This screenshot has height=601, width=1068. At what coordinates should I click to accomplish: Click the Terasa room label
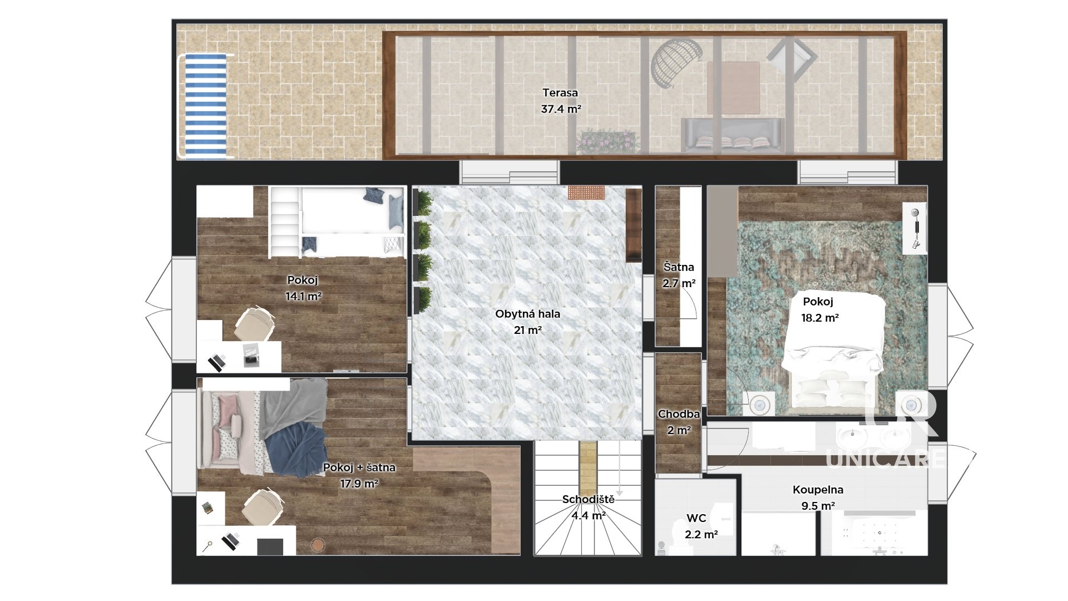[x=560, y=93]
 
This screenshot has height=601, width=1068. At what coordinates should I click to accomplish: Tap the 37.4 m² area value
[x=561, y=109]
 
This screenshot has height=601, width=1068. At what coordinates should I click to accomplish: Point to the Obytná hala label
[x=527, y=314]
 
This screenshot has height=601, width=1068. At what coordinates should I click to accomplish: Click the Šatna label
[x=679, y=267]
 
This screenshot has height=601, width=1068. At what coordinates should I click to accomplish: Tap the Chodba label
[x=679, y=414]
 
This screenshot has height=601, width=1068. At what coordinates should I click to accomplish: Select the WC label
[x=696, y=518]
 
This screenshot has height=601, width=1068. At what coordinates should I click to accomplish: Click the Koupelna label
[x=818, y=490]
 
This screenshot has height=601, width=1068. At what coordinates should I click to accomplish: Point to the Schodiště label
[x=588, y=499]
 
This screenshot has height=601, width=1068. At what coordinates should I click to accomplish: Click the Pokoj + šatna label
[x=359, y=467]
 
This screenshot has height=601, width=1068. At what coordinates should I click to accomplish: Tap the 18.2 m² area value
[x=819, y=318]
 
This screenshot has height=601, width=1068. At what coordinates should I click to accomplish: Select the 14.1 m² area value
[x=303, y=297]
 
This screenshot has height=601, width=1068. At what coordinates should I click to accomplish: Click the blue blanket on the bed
[x=295, y=449]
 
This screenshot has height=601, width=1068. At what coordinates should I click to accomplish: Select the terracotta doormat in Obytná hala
[x=586, y=193]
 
